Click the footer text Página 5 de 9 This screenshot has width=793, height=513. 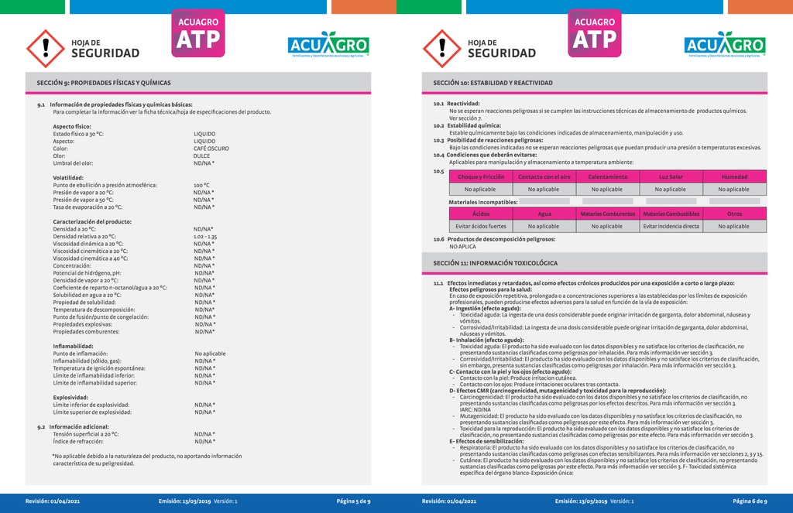point(353,501)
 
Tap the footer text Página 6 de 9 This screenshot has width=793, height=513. point(750,501)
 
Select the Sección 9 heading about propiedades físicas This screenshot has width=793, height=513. point(104,83)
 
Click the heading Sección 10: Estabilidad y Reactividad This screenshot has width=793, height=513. point(493,83)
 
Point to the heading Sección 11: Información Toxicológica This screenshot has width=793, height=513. point(495,263)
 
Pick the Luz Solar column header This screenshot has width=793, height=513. point(671,176)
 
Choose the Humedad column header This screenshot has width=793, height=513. point(734,176)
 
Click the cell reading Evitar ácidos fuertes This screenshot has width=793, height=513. point(481,227)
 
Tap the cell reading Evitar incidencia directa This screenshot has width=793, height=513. point(671,227)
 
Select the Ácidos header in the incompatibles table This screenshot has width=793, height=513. point(481,214)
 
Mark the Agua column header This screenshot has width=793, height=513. point(544,214)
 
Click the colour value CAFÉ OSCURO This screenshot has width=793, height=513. point(211,149)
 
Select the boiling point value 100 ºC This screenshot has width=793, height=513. point(201,186)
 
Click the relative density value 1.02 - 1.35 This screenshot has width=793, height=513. point(205,236)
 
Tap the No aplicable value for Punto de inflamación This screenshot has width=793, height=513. point(210,354)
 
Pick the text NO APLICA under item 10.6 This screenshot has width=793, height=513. point(462,246)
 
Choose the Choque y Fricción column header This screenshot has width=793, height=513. point(481,176)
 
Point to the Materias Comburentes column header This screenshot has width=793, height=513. point(607,214)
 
